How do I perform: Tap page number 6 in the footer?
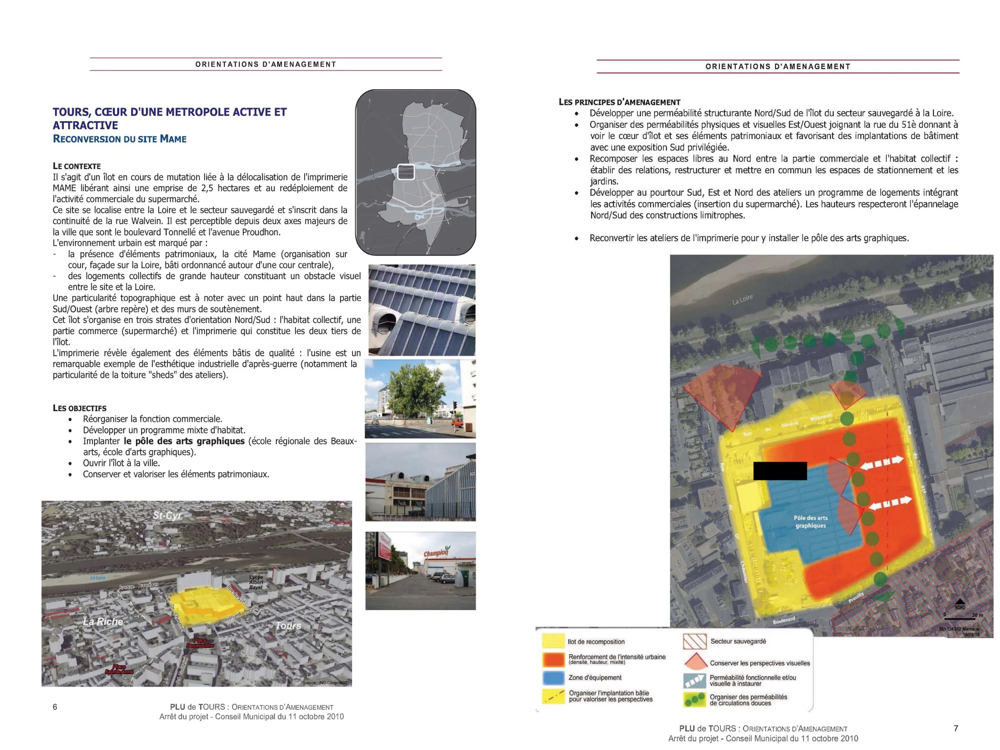pos(55,707)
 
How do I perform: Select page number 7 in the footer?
pos(956,728)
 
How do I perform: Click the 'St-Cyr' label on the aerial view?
pos(167,515)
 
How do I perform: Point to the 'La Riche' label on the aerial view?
pos(102,622)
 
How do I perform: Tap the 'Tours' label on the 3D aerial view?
pos(288,626)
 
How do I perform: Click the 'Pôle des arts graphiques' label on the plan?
pos(810,522)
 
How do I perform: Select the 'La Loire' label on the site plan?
pos(742,299)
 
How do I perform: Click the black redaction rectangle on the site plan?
pos(780,470)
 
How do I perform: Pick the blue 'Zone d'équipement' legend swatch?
pos(553,677)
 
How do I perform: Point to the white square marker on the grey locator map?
pos(405,172)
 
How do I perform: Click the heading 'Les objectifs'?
pos(80,408)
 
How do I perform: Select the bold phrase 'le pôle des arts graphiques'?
pos(184,441)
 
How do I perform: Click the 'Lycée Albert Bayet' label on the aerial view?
pos(256,582)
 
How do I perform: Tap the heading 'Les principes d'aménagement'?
pos(619,102)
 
